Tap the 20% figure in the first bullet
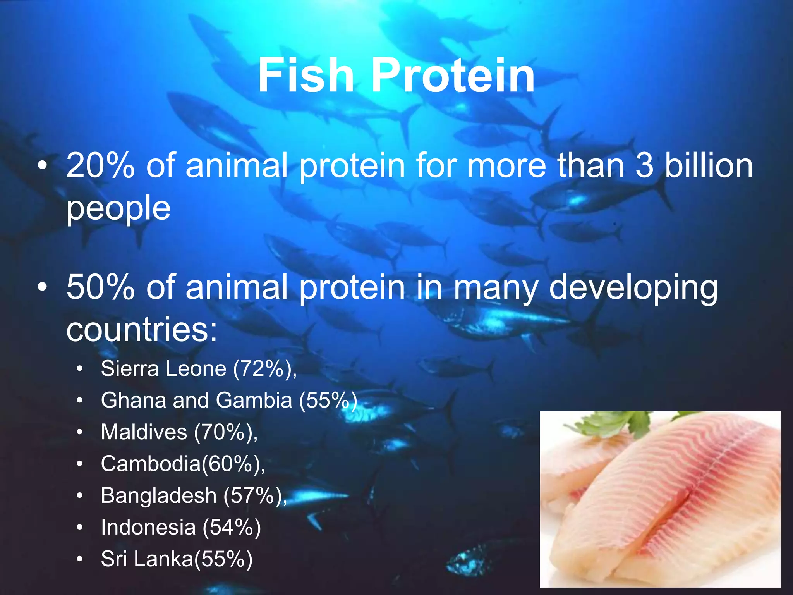click(x=100, y=166)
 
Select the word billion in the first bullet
click(x=709, y=166)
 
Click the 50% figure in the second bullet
click(x=100, y=287)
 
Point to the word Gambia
click(x=254, y=400)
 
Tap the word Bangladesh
click(x=158, y=495)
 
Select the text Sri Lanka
click(x=147, y=559)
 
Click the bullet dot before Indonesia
click(x=80, y=528)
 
